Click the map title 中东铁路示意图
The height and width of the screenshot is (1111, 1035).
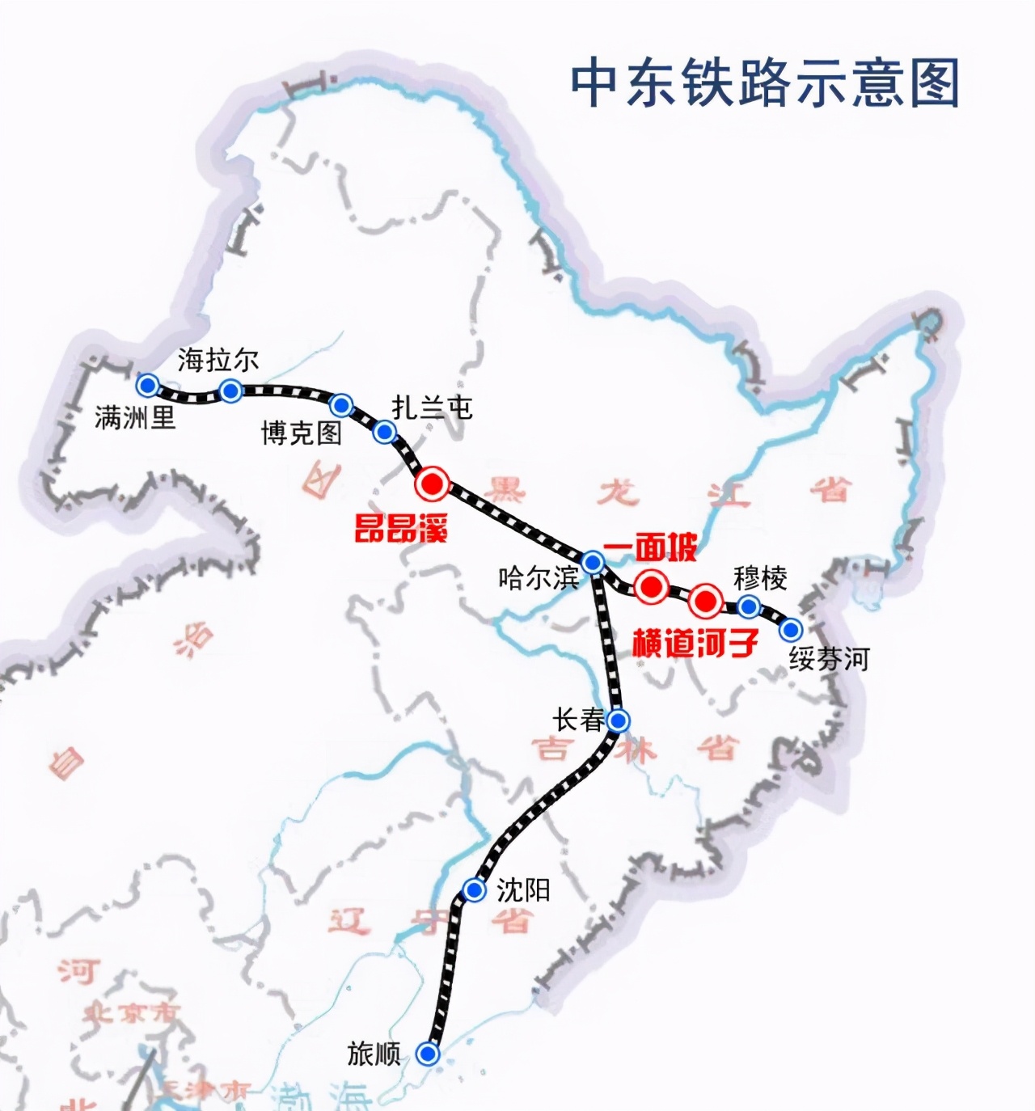tap(765, 82)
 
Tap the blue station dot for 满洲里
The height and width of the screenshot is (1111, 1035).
tap(147, 383)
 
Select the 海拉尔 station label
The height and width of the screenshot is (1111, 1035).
tap(218, 360)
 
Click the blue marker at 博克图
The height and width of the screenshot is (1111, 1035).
tap(342, 404)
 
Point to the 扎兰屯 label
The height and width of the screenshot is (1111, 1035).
tap(432, 408)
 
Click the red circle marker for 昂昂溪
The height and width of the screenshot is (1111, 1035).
tap(432, 484)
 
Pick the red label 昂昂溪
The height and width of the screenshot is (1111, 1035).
tap(401, 529)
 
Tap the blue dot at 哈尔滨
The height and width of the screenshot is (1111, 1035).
tap(593, 562)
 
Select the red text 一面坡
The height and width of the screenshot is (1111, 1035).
tap(649, 549)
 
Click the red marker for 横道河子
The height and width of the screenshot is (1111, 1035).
tap(705, 601)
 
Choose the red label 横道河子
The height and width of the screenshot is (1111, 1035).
tap(695, 643)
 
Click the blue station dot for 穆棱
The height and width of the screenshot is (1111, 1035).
tap(749, 606)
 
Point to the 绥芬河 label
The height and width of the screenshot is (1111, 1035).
tap(829, 659)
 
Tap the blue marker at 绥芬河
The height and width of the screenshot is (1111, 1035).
tap(791, 628)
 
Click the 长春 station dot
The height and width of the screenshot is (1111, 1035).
tap(619, 720)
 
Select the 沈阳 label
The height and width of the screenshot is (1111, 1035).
tap(523, 890)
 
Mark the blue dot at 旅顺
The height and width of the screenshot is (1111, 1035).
tap(428, 1054)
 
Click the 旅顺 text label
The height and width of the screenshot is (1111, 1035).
tap(374, 1054)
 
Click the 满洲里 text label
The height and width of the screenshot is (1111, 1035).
tap(134, 418)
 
